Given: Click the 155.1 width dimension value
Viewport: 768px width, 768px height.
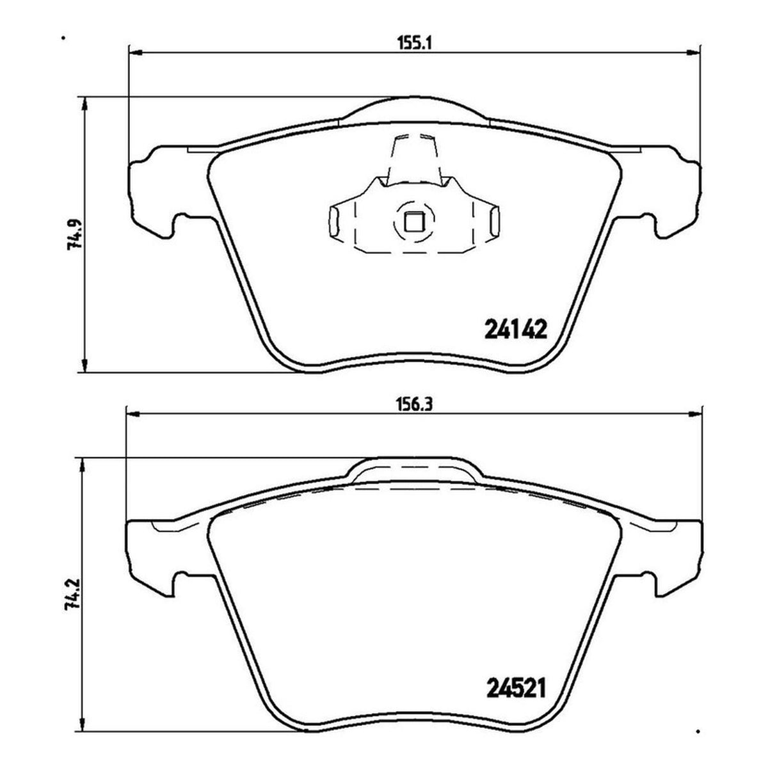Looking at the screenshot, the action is coord(415,43).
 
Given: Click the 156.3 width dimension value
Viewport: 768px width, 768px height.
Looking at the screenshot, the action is coord(415,405).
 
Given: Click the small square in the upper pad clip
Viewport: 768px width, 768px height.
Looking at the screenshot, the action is coord(413,222).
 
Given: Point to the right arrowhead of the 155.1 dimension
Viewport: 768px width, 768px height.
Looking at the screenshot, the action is coord(694,52).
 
